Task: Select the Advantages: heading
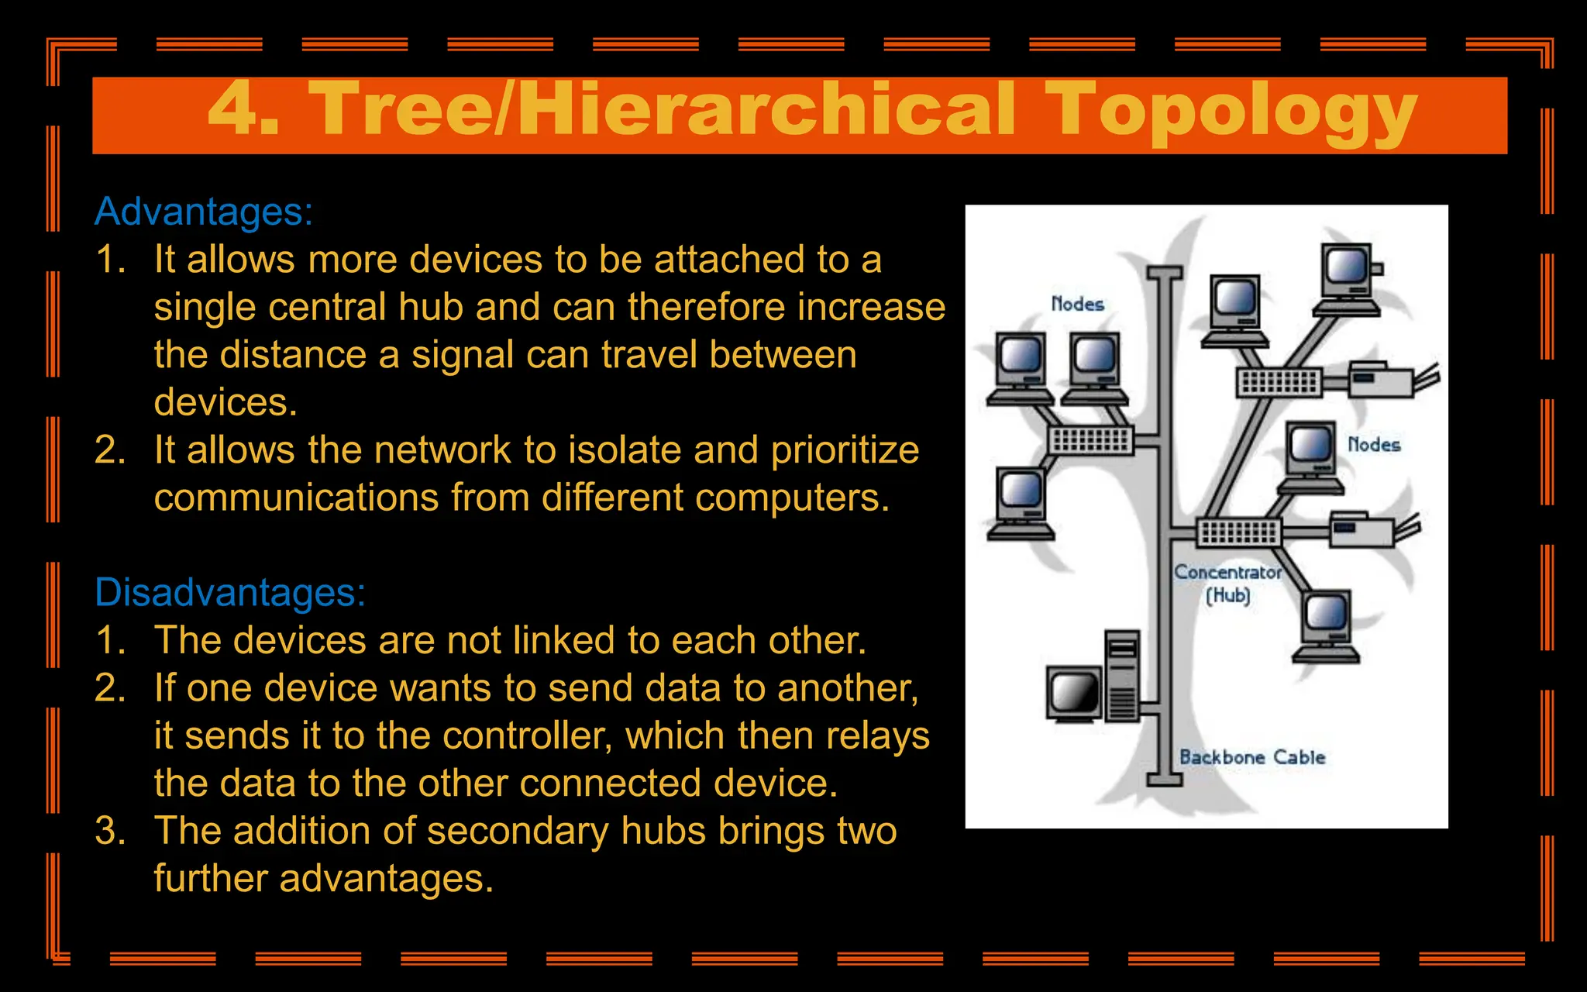point(204,212)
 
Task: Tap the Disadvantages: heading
point(230,592)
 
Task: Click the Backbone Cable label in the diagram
point(1252,757)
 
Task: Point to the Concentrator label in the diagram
point(1227,572)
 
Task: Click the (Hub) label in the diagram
point(1228,595)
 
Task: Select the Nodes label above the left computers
point(1077,304)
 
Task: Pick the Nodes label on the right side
point(1374,444)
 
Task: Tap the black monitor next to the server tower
point(1074,693)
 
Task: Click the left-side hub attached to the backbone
point(1090,440)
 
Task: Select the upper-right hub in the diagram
point(1279,382)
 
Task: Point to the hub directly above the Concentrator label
point(1239,532)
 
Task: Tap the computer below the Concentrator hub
point(1326,625)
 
